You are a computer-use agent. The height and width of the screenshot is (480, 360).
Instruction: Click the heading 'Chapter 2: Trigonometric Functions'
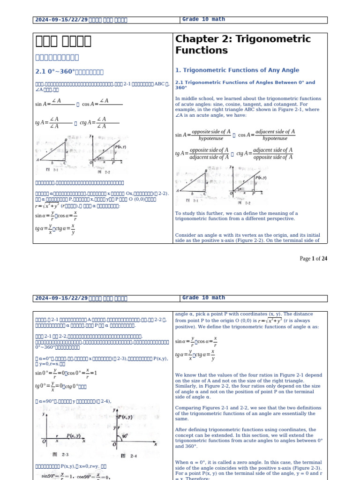pos(243,45)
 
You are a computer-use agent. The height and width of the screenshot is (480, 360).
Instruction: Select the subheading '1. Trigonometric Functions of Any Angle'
pos(237,70)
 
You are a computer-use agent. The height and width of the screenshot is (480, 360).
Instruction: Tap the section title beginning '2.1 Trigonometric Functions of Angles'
pos(245,85)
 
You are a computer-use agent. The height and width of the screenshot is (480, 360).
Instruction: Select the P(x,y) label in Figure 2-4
pos(125,417)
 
